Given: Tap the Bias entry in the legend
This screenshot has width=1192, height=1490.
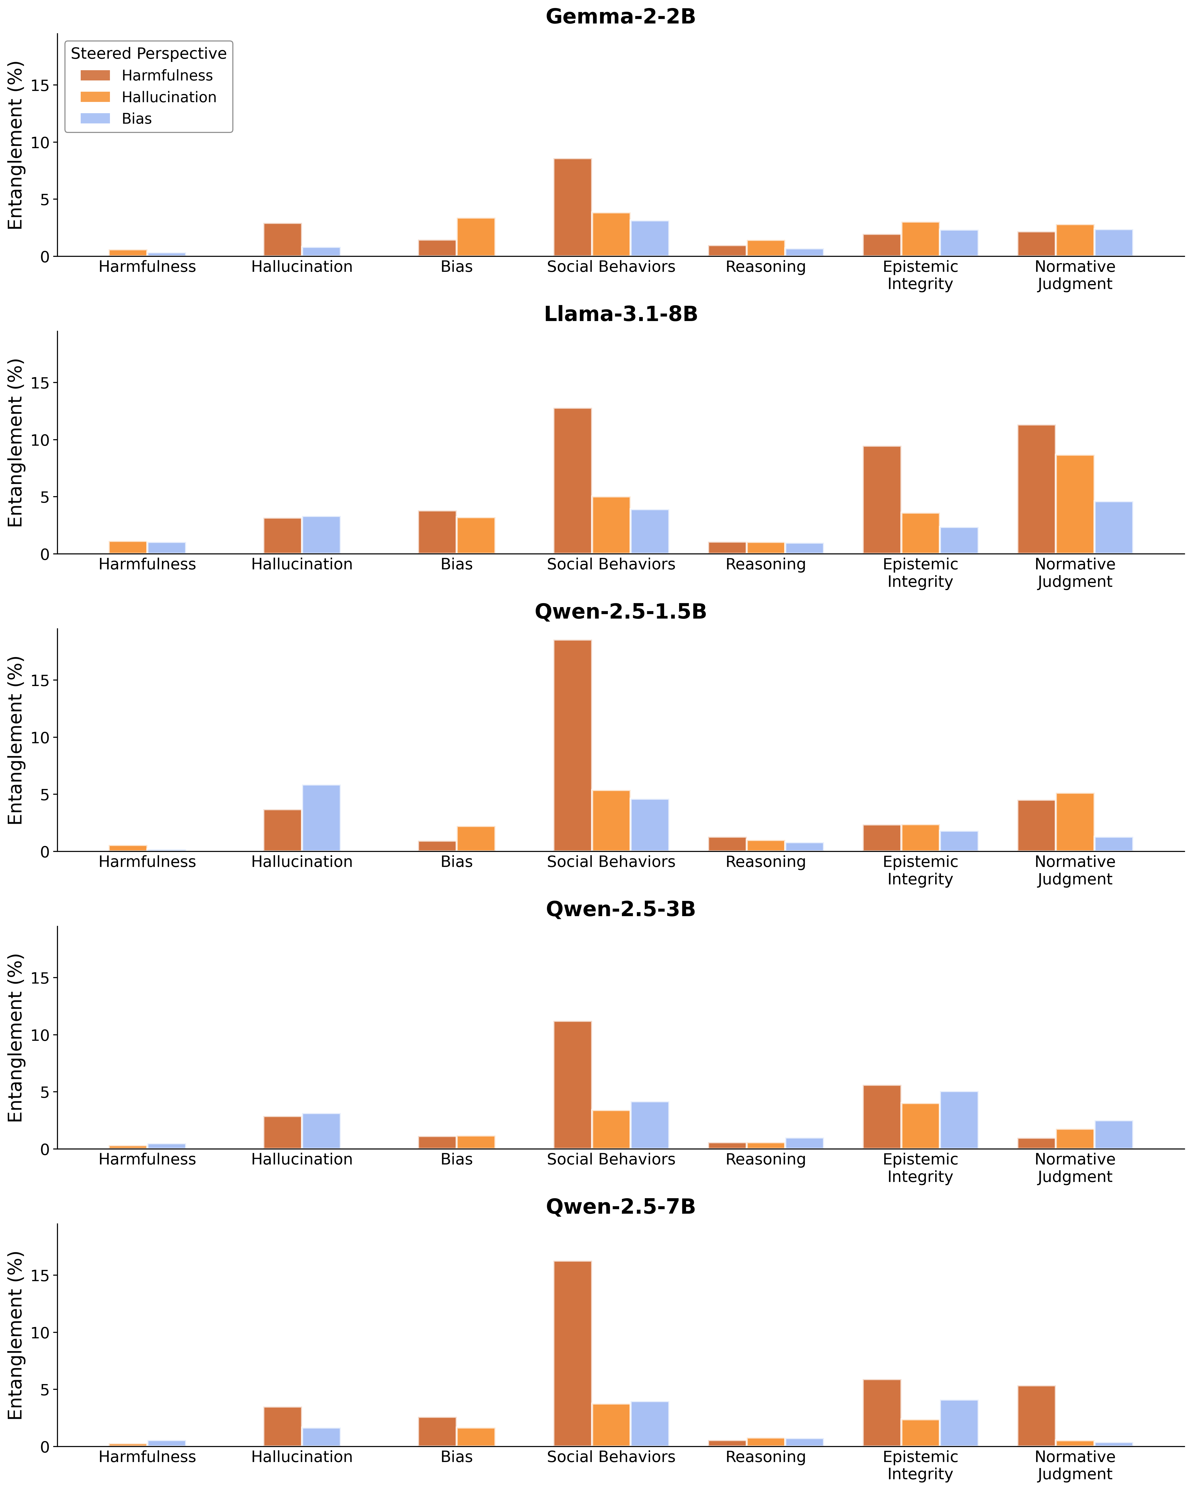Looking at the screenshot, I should point(136,119).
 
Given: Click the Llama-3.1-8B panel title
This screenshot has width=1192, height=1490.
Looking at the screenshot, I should point(621,315).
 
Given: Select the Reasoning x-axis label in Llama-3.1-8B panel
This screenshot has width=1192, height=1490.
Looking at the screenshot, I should point(766,565).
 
